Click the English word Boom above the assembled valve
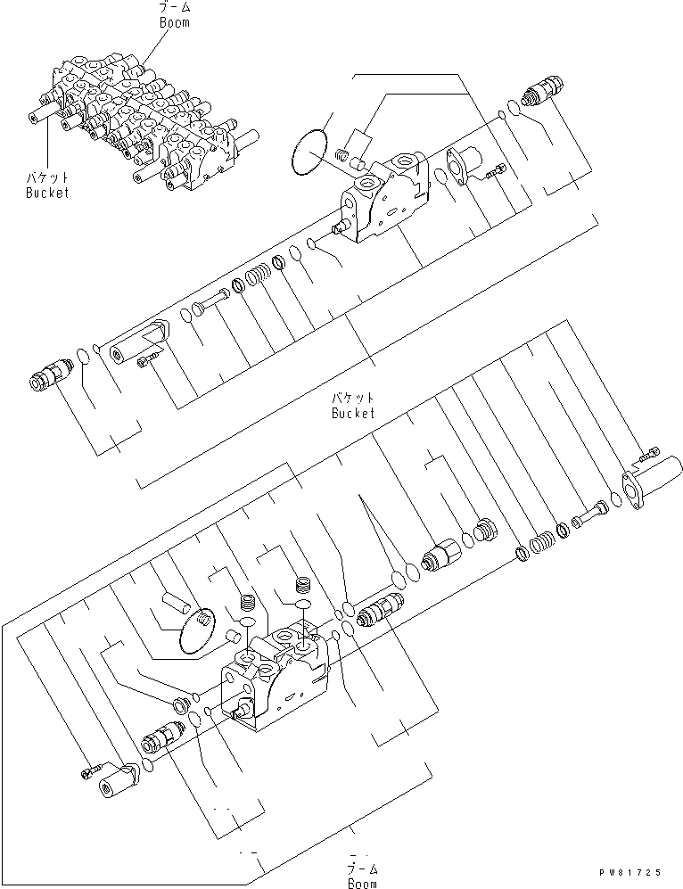click(174, 22)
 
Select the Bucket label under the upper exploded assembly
click(353, 413)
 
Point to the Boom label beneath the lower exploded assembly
click(361, 883)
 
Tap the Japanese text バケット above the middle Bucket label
click(353, 398)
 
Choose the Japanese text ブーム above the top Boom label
click(174, 8)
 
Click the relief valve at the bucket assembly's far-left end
click(50, 375)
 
